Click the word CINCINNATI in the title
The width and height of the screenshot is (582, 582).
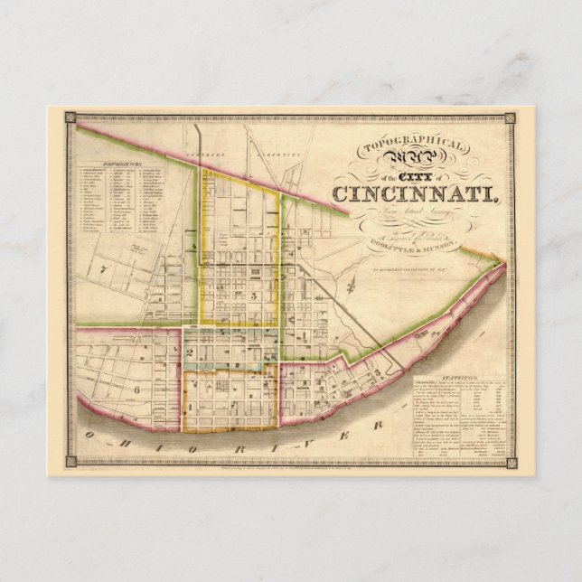[412, 192]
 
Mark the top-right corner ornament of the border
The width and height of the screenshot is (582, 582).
[510, 118]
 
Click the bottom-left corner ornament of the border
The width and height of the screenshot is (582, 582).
[70, 463]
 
